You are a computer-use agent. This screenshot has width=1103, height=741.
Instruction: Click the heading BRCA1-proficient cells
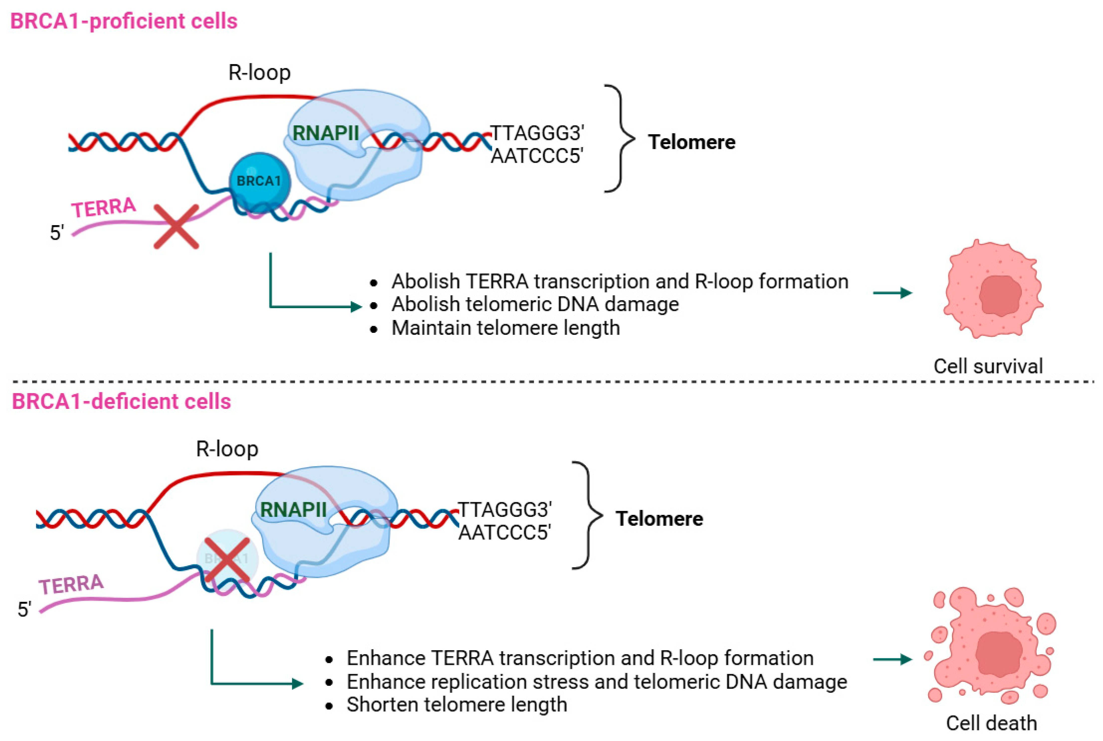click(x=124, y=21)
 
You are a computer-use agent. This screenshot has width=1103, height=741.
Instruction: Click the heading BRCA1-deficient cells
click(x=121, y=401)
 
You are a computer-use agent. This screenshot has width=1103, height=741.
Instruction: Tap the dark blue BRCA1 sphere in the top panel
click(x=259, y=181)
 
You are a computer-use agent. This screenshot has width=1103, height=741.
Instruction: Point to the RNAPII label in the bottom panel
click(x=293, y=509)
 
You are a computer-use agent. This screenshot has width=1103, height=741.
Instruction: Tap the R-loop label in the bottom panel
click(x=227, y=449)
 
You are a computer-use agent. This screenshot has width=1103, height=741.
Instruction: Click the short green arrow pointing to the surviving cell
click(x=892, y=293)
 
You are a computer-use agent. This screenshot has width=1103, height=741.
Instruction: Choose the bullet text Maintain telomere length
click(x=506, y=328)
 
